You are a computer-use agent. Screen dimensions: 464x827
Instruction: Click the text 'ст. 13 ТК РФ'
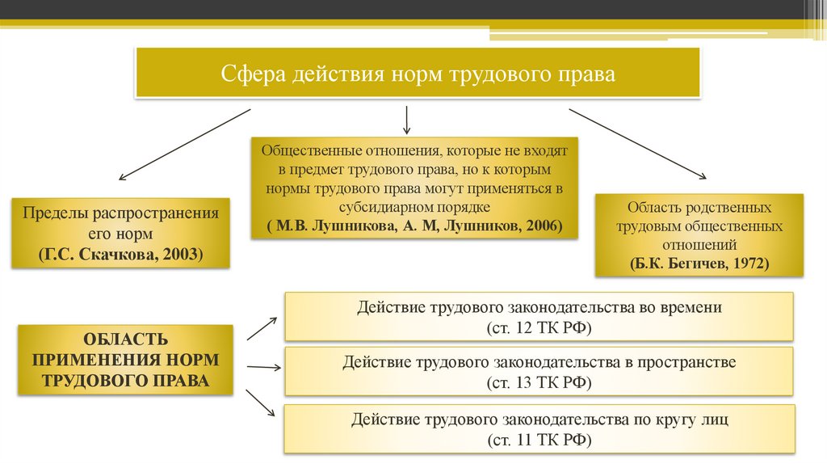539,382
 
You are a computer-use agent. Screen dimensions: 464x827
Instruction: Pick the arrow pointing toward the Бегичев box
638,142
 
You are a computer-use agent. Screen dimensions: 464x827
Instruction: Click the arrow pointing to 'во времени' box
262,327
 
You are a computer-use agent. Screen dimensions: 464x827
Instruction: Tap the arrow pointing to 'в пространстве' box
262,367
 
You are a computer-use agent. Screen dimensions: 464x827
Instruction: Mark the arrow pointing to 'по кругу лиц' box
261,403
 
